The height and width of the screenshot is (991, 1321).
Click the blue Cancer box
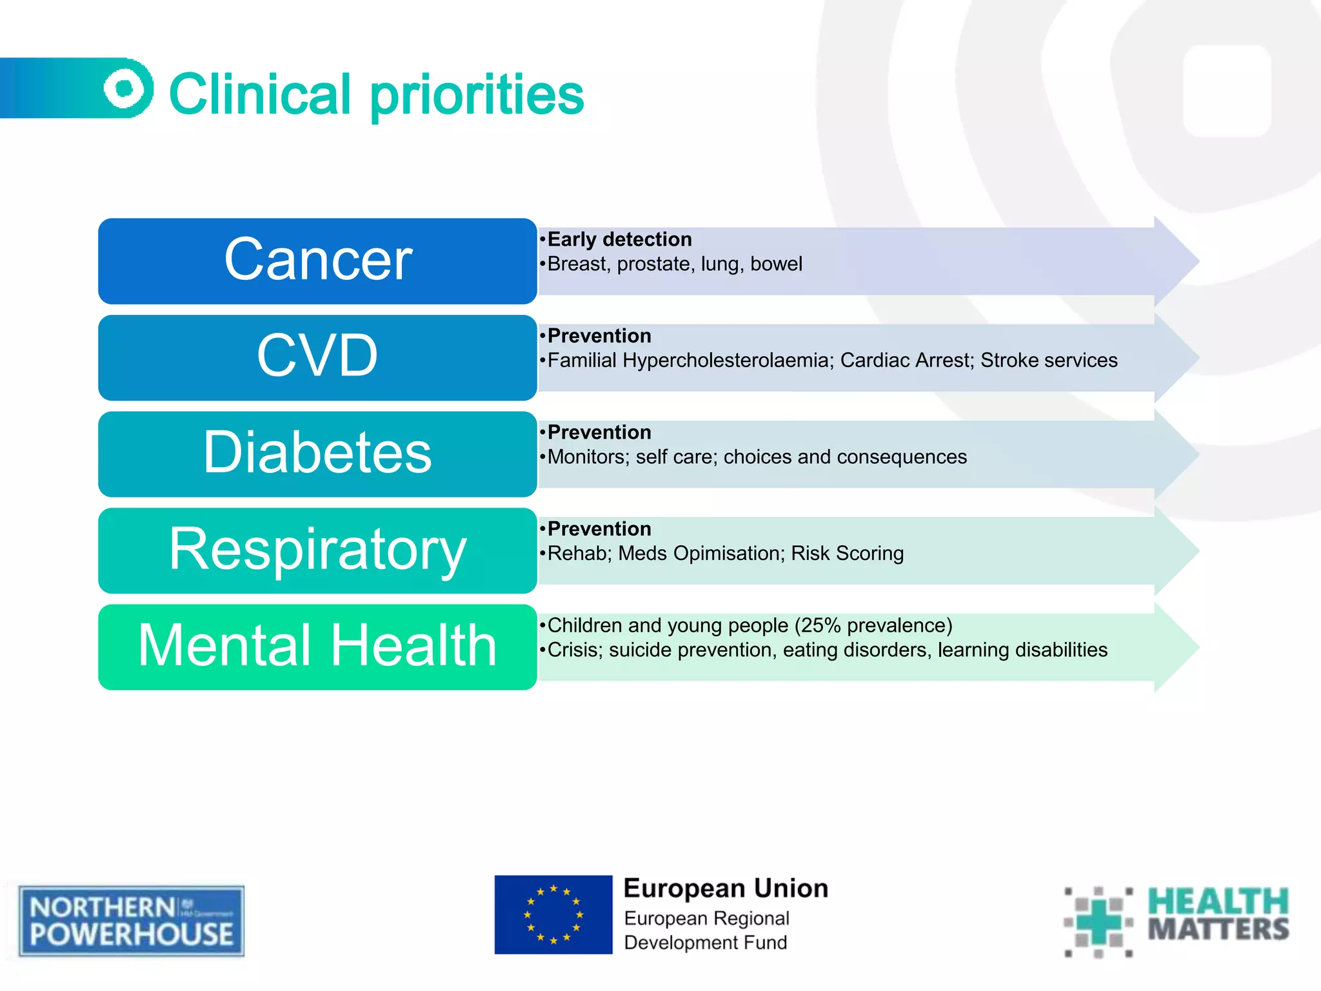coord(317,261)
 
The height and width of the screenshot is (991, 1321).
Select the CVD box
coord(317,357)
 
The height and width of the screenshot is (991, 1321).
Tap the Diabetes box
coord(317,454)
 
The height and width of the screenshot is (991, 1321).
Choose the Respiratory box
coord(317,550)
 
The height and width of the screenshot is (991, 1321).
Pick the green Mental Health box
coord(317,646)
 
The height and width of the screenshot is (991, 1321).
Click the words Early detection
coord(619,239)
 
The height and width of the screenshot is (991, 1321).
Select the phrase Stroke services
coord(1049,360)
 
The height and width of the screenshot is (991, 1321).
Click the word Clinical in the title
coord(260,94)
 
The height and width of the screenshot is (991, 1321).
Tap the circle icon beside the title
coord(128,88)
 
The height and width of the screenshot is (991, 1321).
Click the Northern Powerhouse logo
coord(132,921)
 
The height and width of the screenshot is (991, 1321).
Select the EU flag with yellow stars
coord(553,914)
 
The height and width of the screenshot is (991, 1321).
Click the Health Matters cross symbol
coord(1098,921)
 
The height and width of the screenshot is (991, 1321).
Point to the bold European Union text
coord(726,888)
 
